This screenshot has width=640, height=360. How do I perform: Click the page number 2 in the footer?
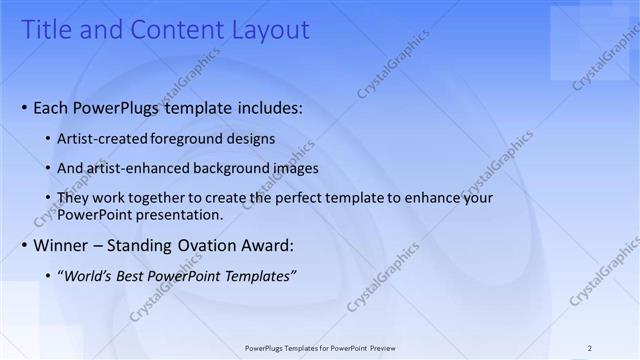point(590,348)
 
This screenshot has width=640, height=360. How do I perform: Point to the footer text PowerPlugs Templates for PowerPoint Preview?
point(320,348)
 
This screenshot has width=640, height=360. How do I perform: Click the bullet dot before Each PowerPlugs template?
point(24,107)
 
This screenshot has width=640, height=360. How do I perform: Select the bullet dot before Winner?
point(24,245)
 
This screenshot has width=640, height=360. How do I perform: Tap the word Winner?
point(63,245)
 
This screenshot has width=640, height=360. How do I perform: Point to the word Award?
point(271,245)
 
